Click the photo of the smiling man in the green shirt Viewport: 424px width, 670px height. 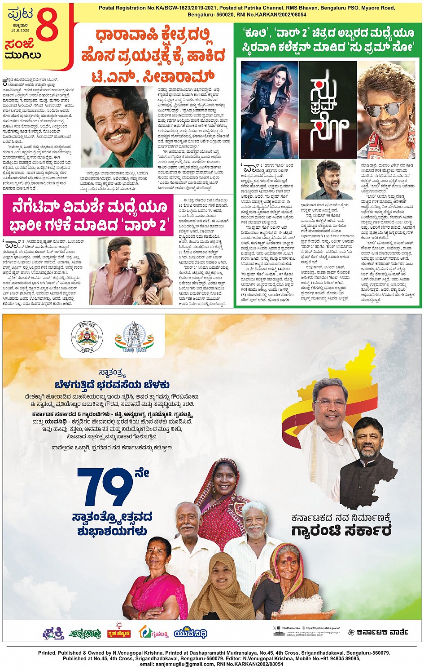[117, 126]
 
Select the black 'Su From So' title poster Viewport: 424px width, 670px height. [328, 110]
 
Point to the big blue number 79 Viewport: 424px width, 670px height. [105, 488]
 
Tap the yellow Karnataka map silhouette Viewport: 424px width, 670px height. [354, 373]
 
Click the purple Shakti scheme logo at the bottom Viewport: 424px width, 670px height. [53, 634]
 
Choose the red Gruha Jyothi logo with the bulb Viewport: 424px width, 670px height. [119, 632]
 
